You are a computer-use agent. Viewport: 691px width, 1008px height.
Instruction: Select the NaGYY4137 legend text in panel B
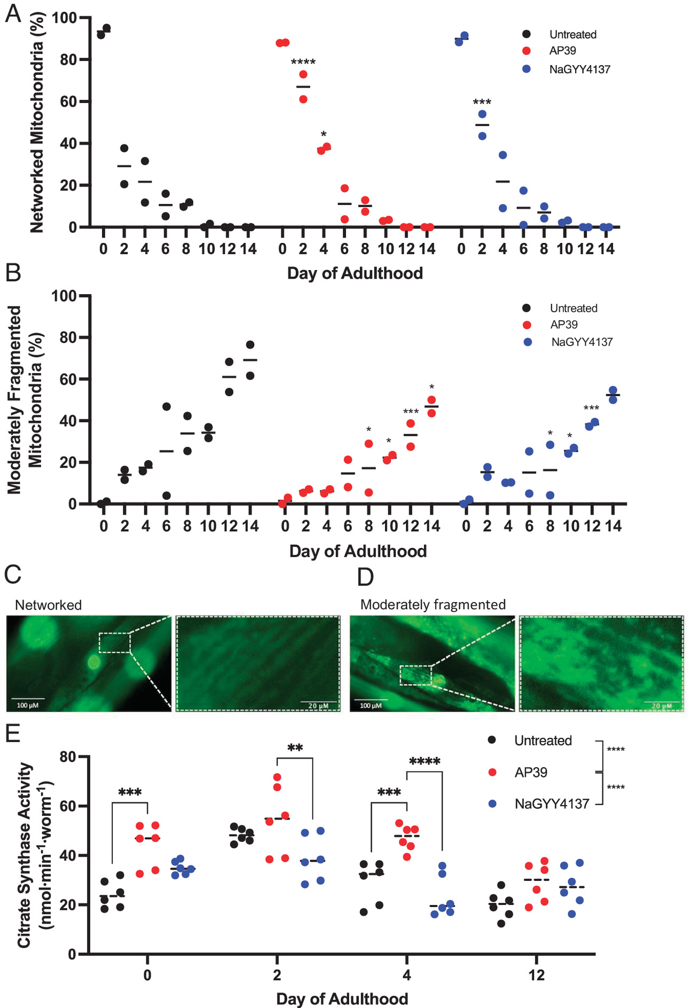point(582,342)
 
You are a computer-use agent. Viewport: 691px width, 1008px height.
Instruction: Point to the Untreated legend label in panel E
point(543,741)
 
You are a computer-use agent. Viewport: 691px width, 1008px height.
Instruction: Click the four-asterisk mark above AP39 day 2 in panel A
point(303,62)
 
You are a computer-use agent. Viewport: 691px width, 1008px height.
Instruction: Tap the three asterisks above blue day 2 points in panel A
point(482,102)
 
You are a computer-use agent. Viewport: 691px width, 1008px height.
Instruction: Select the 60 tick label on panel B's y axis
point(65,379)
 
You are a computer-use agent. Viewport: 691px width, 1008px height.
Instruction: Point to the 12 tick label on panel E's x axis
point(536,975)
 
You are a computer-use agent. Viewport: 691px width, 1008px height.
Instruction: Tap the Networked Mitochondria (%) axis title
point(36,123)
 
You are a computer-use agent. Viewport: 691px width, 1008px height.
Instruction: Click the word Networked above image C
point(48,605)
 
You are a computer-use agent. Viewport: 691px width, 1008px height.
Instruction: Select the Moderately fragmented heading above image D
point(433,604)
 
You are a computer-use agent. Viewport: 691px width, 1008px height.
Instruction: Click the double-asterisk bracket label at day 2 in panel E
point(295,748)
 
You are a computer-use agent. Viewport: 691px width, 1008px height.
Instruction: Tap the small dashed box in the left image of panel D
point(415,675)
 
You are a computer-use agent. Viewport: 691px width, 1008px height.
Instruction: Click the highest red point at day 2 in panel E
point(277,777)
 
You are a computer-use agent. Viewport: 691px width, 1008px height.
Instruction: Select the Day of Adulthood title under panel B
point(358,551)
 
